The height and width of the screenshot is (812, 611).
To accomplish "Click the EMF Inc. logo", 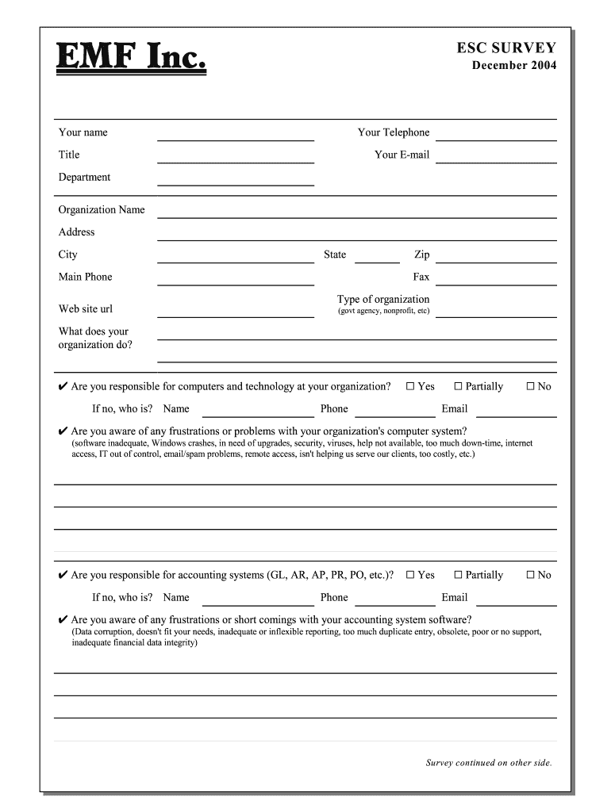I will pyautogui.click(x=131, y=58).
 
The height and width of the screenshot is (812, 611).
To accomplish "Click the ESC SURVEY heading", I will pyautogui.click(x=506, y=48).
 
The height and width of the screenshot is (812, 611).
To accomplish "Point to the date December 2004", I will pyautogui.click(x=514, y=65).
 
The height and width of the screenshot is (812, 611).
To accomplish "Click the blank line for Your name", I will pyautogui.click(x=236, y=135).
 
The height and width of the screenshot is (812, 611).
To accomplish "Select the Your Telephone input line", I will pyautogui.click(x=496, y=135).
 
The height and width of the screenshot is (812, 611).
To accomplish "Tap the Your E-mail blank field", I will pyautogui.click(x=496, y=157).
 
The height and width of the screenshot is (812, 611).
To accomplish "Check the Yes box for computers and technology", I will pyautogui.click(x=410, y=386).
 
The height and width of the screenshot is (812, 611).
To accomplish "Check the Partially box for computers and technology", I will pyautogui.click(x=458, y=386).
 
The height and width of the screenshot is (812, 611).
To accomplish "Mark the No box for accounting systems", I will pyautogui.click(x=530, y=575).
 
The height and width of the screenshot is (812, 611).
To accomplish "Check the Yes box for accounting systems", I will pyautogui.click(x=410, y=575).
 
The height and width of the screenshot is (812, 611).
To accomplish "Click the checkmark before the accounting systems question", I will pyautogui.click(x=63, y=575).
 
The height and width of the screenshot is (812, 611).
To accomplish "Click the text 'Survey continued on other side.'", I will pyautogui.click(x=488, y=763).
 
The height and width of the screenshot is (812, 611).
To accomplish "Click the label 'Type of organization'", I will pyautogui.click(x=383, y=299).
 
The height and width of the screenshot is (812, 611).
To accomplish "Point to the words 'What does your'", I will pyautogui.click(x=93, y=331).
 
